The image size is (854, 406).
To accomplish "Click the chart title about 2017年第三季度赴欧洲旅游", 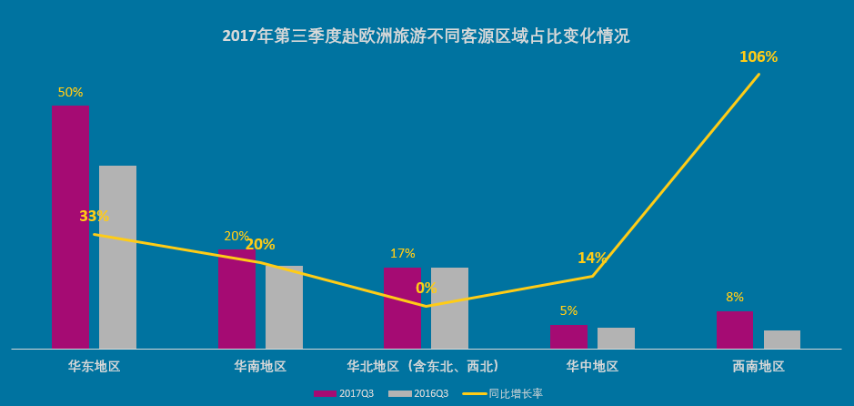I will tap(426, 36).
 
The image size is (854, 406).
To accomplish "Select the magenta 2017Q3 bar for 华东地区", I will tap(70, 227).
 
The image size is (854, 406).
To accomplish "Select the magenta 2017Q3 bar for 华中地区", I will tap(568, 337).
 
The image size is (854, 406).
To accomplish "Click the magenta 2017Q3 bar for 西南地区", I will tap(734, 330).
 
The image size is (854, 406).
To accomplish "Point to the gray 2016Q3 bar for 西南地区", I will tap(782, 340).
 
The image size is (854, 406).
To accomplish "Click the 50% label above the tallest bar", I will tap(70, 92).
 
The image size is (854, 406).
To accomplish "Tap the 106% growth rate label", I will tap(759, 57).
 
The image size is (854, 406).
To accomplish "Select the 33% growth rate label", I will tap(94, 217).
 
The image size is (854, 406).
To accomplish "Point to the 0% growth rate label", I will tap(426, 288).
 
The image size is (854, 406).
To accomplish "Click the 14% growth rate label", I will tap(592, 258).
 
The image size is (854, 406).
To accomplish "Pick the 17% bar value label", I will tap(402, 253).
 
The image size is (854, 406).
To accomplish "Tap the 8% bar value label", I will tap(735, 297).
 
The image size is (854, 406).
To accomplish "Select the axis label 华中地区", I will tap(592, 366).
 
